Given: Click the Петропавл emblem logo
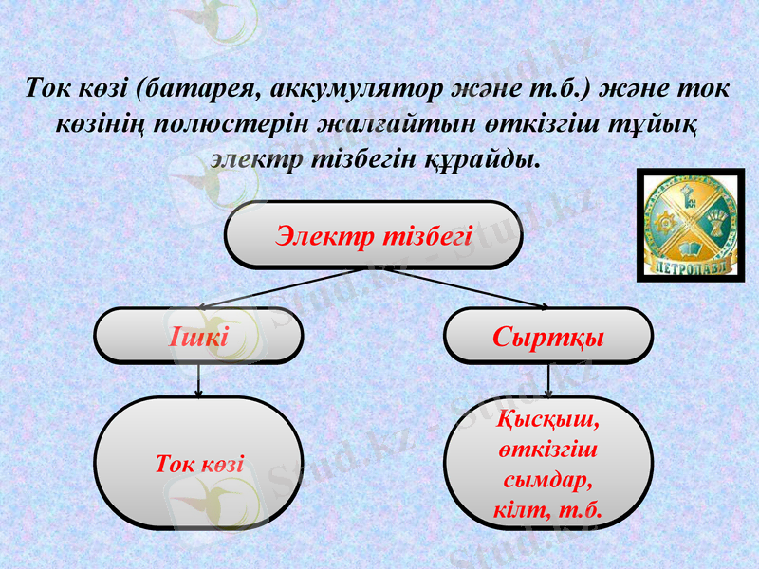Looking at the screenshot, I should click(x=691, y=224).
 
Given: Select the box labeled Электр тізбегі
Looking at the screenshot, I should click(x=374, y=234).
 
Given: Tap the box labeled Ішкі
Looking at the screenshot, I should click(x=198, y=336).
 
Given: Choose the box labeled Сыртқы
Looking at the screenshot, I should click(x=548, y=336).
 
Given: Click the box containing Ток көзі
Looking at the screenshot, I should click(x=199, y=463).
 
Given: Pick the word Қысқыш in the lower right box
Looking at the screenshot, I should click(x=548, y=417).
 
